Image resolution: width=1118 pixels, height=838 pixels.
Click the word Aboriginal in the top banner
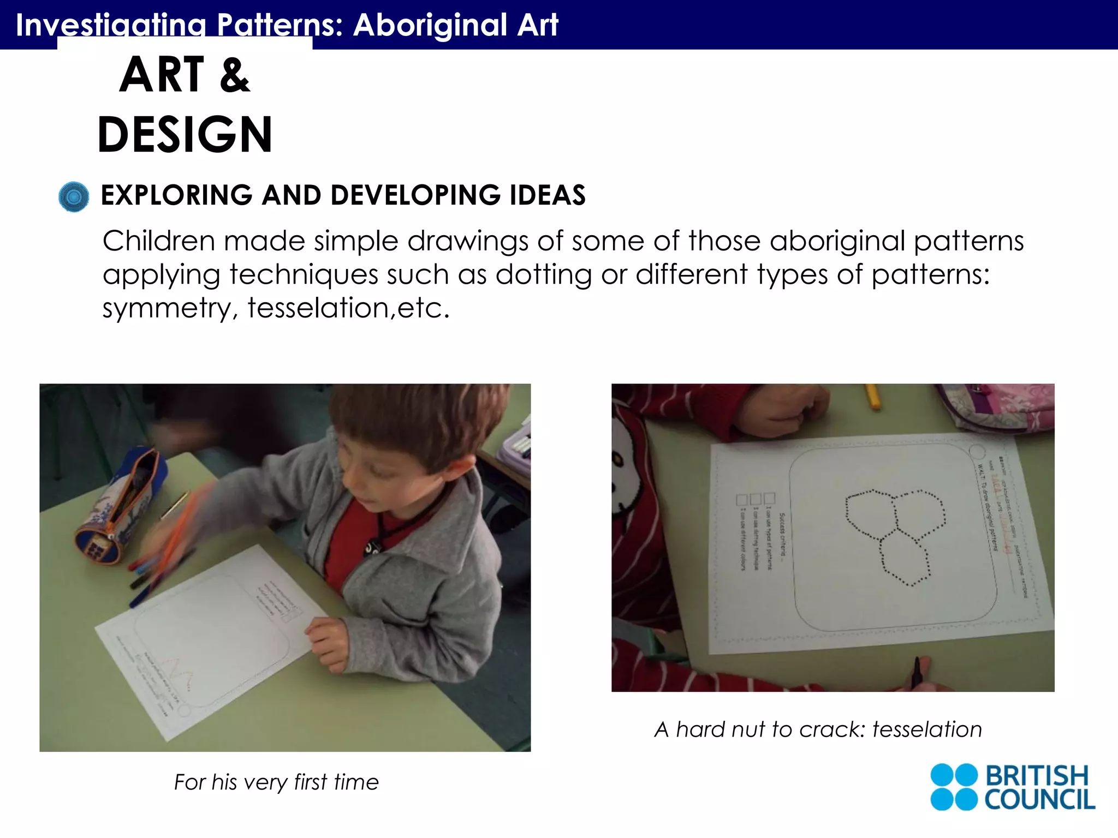[430, 25]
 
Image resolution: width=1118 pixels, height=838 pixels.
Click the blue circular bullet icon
[74, 196]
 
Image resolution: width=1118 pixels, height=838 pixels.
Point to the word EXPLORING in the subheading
[177, 195]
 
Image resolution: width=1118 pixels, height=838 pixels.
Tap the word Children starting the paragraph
[158, 241]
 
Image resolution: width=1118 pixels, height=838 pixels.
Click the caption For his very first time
[276, 782]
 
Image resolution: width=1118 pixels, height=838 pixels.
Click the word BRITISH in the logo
[1037, 775]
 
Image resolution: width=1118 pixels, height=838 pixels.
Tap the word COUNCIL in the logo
[1039, 799]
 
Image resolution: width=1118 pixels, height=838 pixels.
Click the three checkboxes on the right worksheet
[756, 499]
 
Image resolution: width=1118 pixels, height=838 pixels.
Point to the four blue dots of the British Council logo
[954, 787]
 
